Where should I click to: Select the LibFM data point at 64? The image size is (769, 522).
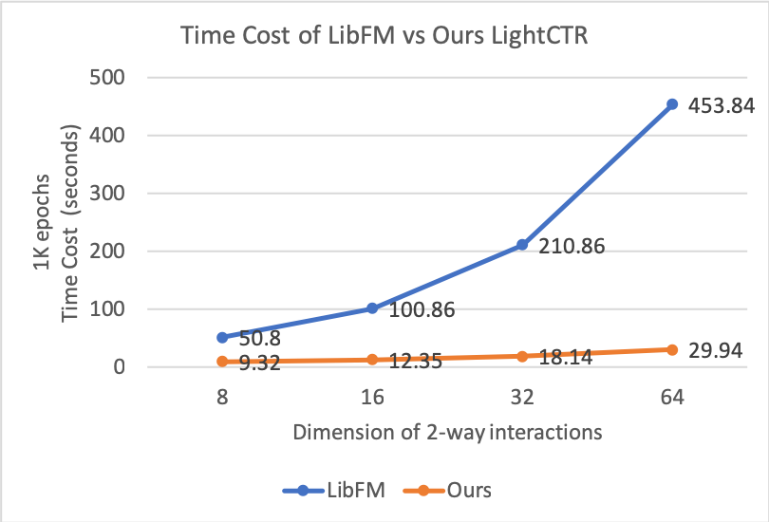pyautogui.click(x=671, y=104)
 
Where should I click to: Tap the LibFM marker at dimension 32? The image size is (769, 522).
pyautogui.click(x=521, y=245)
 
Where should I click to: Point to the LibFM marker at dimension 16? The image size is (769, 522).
pyautogui.click(x=372, y=308)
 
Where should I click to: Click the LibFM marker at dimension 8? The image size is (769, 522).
pyautogui.click(x=222, y=337)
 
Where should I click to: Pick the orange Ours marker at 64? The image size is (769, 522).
pyautogui.click(x=671, y=349)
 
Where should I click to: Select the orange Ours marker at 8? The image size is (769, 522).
pyautogui.click(x=222, y=362)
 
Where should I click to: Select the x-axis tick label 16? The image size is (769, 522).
pyautogui.click(x=371, y=399)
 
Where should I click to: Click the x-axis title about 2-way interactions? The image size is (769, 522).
pyautogui.click(x=446, y=433)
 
